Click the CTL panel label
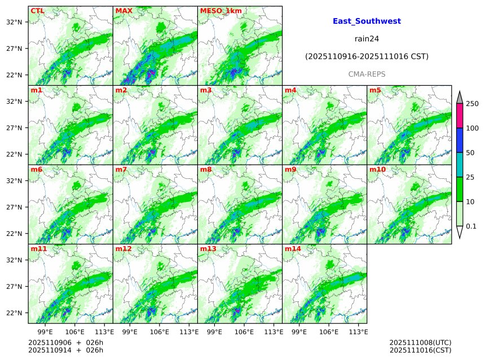(37, 11)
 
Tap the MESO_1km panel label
(219, 11)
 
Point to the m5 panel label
(375, 90)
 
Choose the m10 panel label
(377, 169)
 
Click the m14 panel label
(293, 249)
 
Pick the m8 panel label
(206, 169)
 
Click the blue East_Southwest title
(367, 21)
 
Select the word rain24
(367, 39)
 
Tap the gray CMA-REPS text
(367, 74)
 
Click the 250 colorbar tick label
(472, 104)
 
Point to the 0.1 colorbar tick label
(471, 226)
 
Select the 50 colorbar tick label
(470, 153)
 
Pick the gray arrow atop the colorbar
(459, 97)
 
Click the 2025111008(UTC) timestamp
(420, 343)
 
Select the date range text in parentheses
(367, 57)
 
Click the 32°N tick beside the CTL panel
(14, 22)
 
